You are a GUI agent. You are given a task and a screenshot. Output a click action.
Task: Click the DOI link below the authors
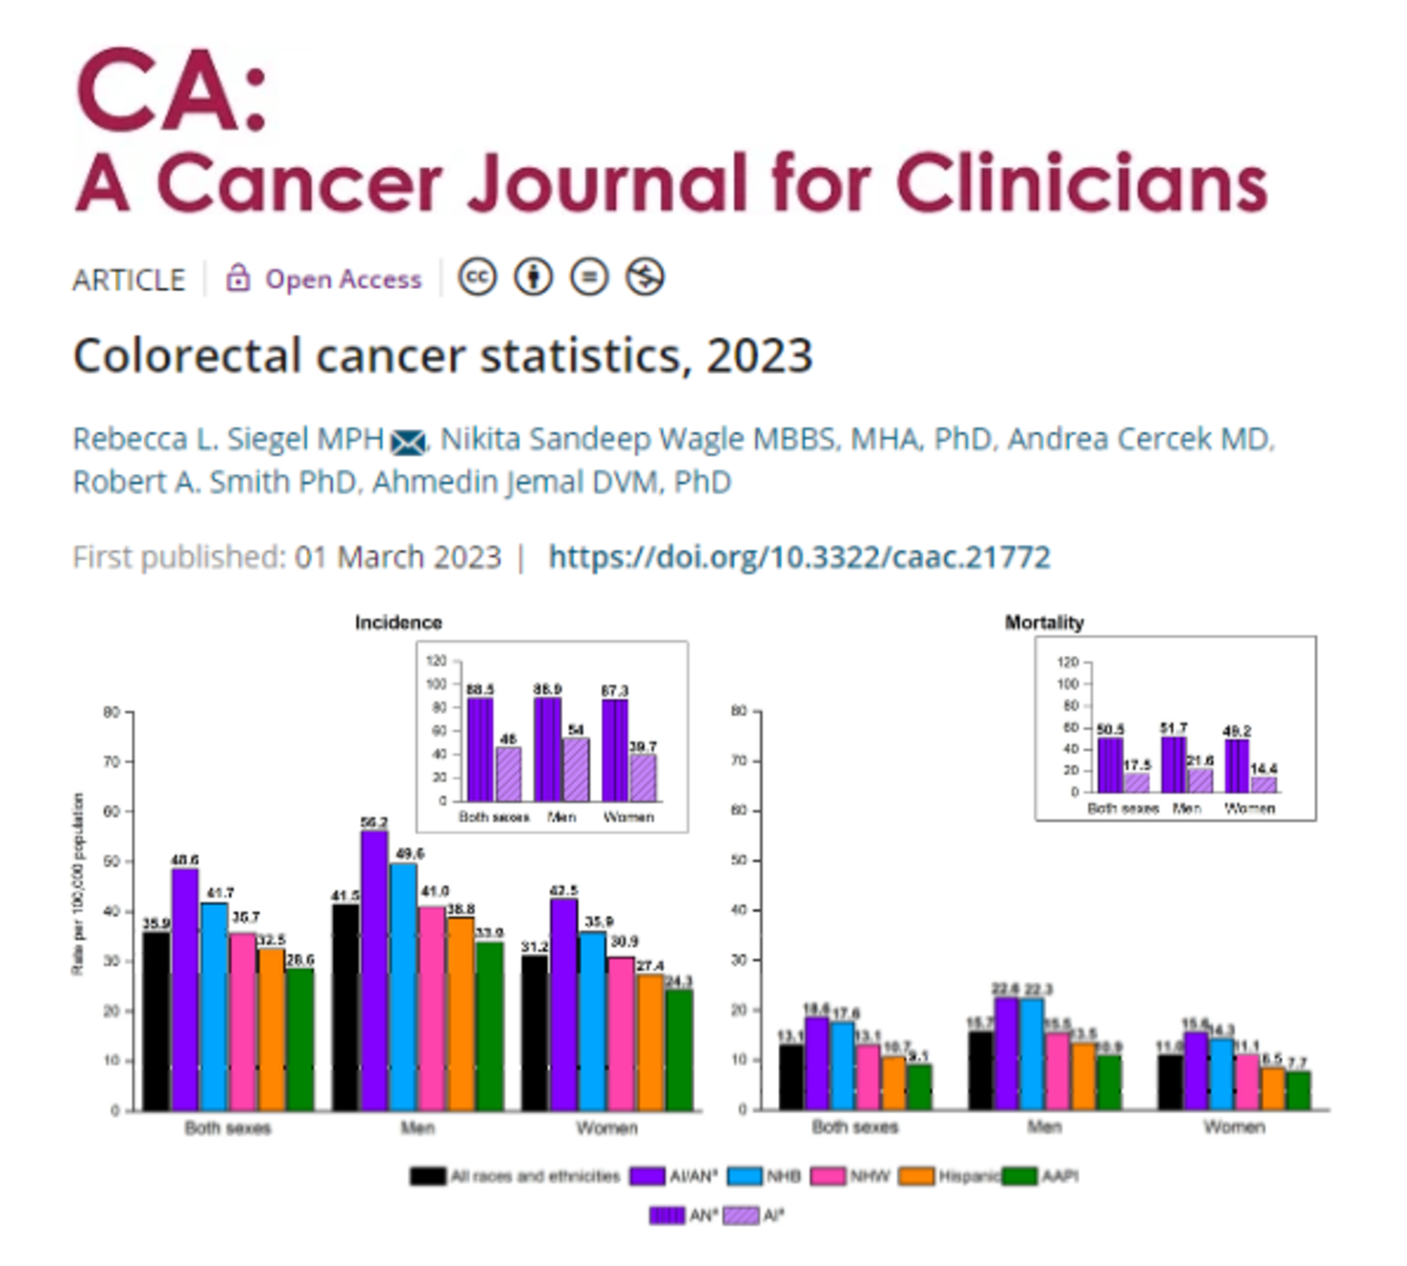[x=799, y=557]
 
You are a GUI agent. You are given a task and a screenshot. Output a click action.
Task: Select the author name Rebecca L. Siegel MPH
[x=228, y=439]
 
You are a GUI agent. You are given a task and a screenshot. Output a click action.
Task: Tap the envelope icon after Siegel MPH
[x=408, y=441]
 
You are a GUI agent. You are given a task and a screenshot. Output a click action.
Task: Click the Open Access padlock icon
[x=238, y=278]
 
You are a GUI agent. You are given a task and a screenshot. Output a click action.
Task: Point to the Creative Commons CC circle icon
[x=477, y=277]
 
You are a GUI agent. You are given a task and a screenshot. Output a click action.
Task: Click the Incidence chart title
[x=398, y=622]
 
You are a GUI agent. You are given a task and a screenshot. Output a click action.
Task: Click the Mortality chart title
[x=1044, y=622]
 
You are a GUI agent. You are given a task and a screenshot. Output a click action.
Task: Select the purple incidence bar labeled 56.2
[x=374, y=970]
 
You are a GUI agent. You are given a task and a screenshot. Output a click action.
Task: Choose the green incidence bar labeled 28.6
[x=300, y=1039]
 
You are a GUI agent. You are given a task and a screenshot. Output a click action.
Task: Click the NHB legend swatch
[x=745, y=1176]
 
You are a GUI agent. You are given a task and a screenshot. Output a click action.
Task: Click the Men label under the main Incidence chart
[x=418, y=1127]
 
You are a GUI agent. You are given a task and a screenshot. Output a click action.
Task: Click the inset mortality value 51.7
[x=1174, y=727]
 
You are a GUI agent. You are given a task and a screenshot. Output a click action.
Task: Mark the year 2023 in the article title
[x=759, y=355]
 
